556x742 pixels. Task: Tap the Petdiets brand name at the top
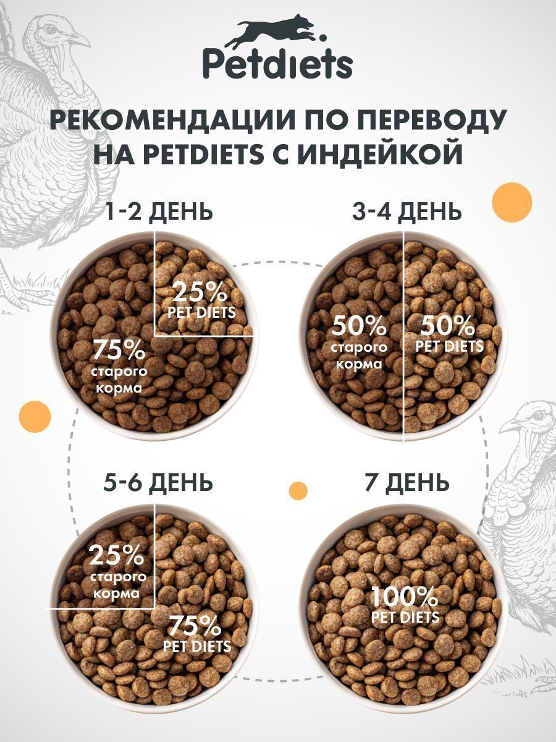[x=278, y=64]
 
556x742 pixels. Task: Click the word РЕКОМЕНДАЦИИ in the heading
[x=179, y=119]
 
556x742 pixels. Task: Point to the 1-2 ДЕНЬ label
[x=159, y=211]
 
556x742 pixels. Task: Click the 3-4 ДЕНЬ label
[x=406, y=211]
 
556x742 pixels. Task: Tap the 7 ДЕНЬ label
[x=406, y=482]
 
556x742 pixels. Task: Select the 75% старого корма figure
[x=119, y=351]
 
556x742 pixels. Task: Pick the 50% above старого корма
[x=359, y=325]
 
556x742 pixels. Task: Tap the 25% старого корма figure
[x=117, y=555]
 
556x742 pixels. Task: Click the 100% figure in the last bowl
[x=404, y=597]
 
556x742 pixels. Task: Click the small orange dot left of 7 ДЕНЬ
[x=298, y=490]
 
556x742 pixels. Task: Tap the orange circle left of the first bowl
[x=35, y=416]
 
